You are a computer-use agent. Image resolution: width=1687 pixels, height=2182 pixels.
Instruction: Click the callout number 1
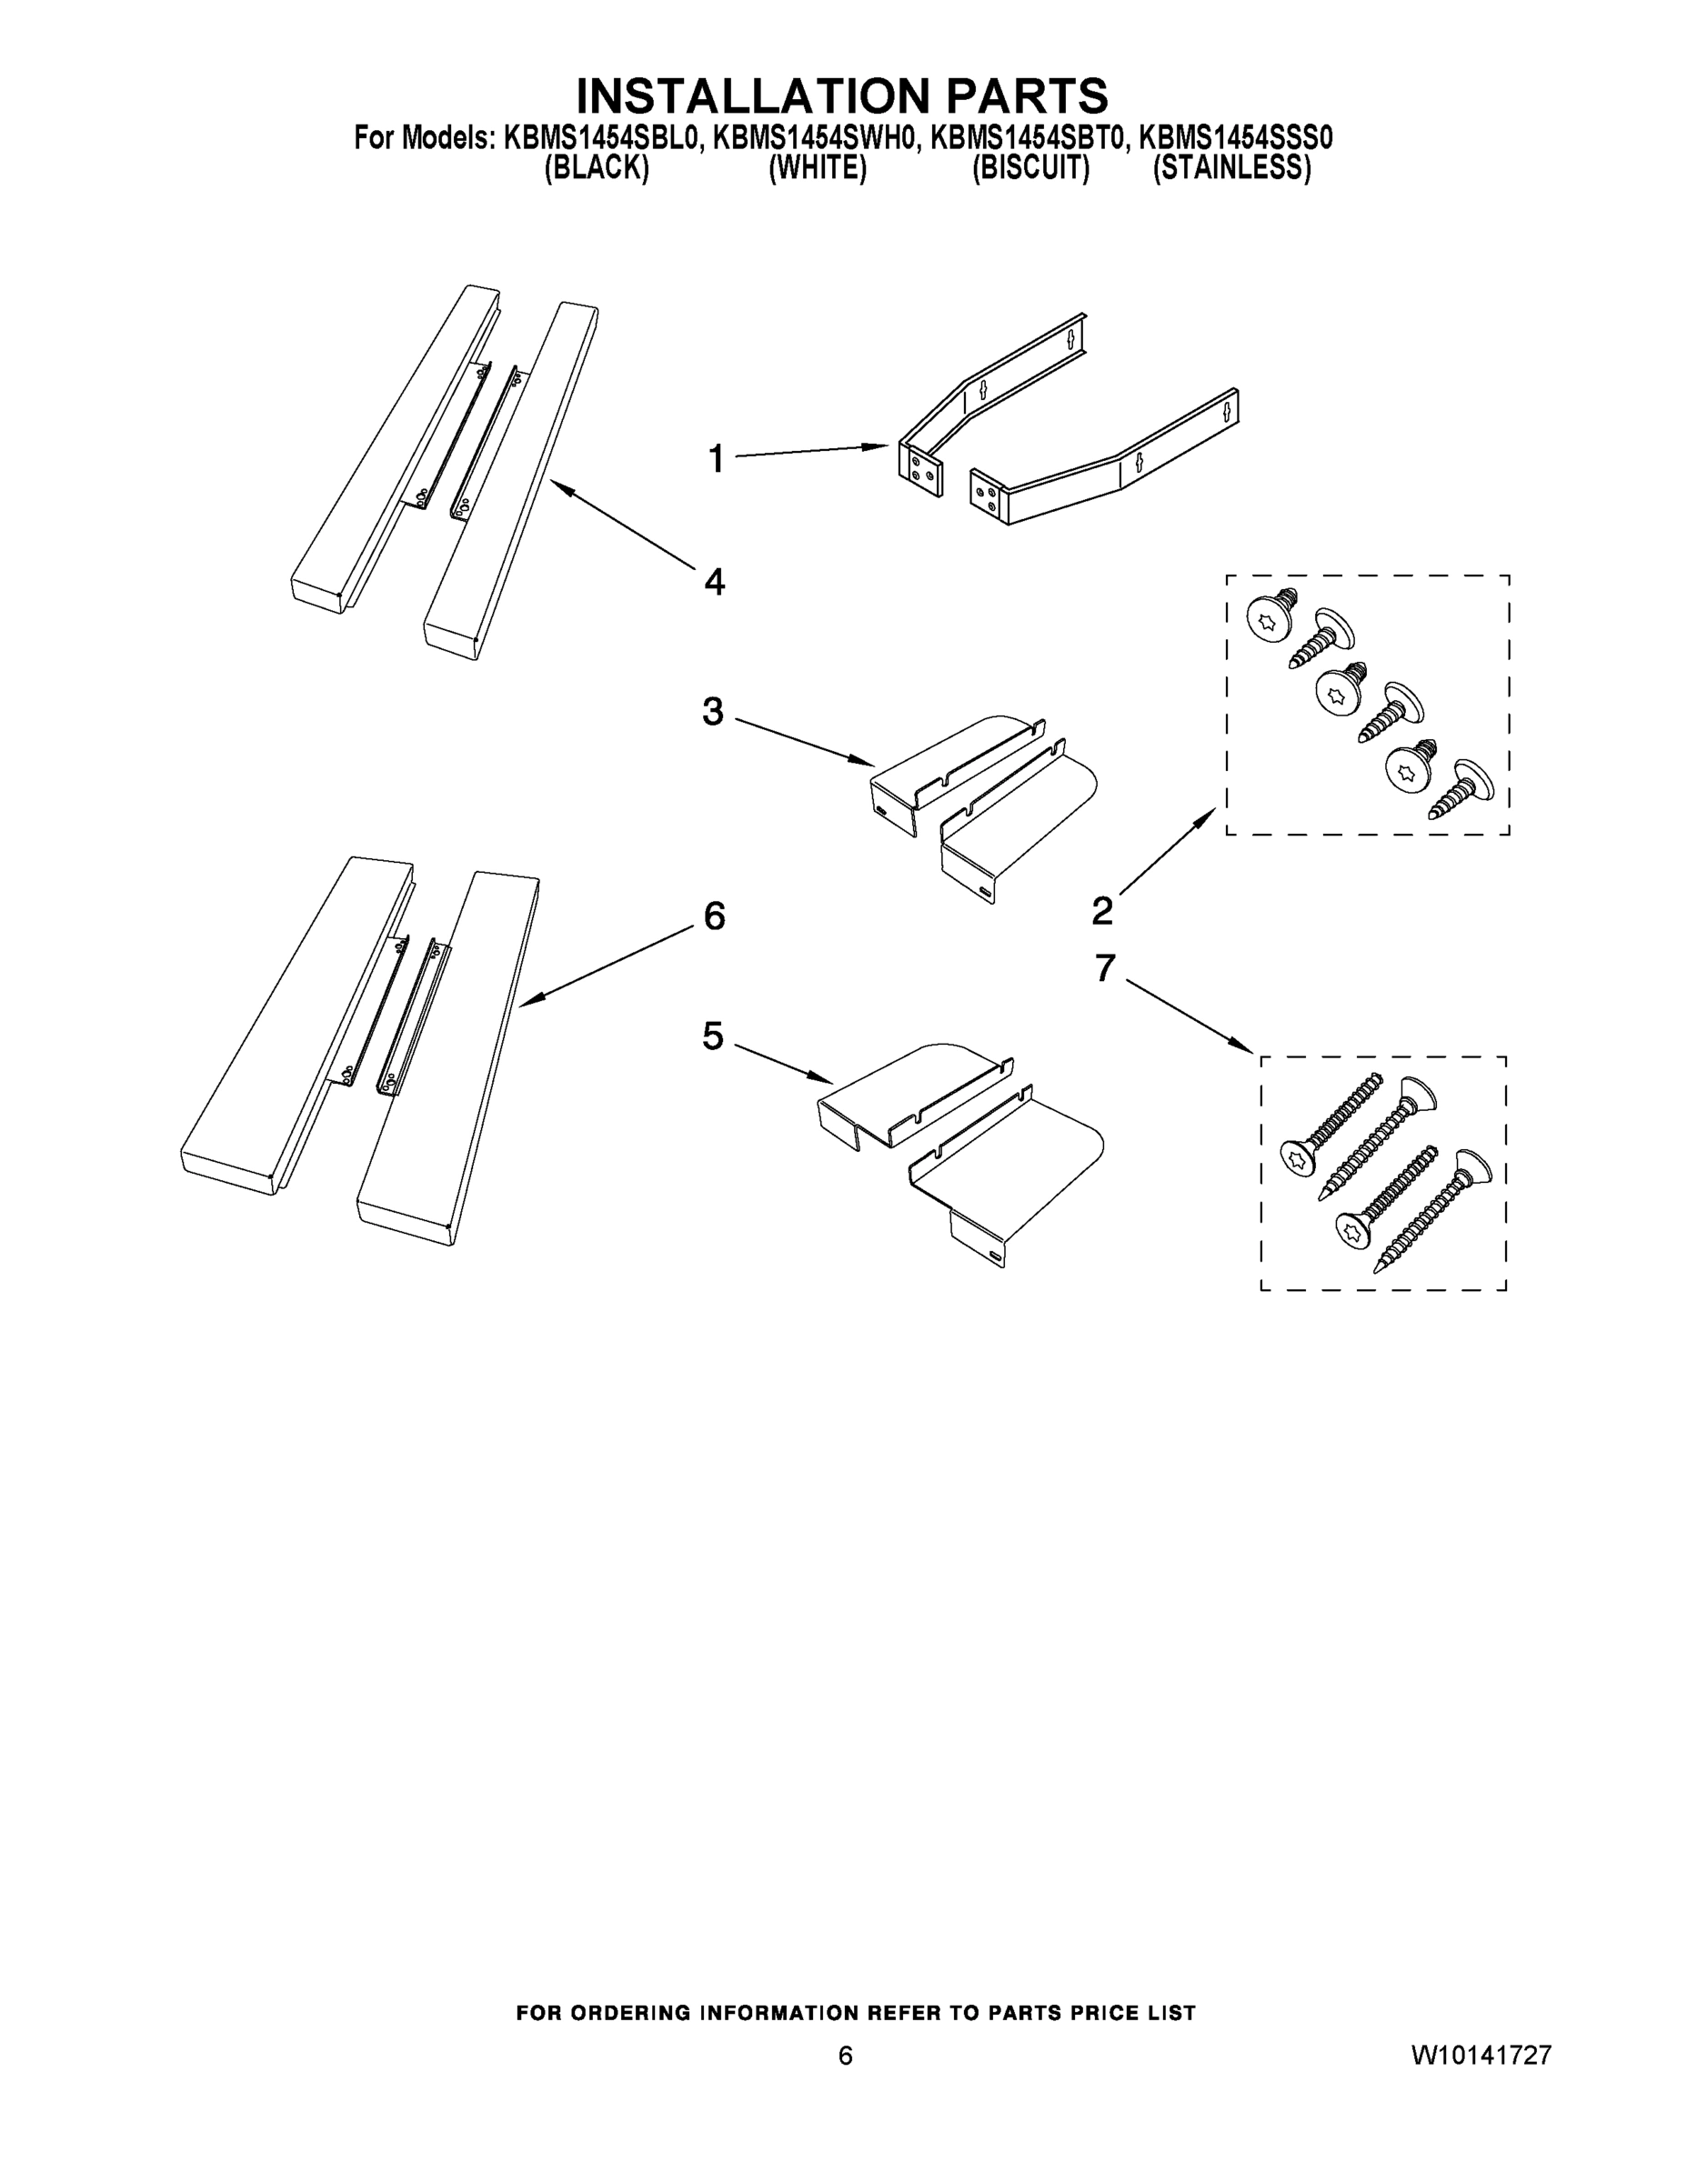(716, 458)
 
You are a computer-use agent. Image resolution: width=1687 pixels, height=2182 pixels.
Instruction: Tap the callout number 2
(1101, 910)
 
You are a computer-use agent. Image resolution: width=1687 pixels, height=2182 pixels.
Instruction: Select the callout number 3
(713, 711)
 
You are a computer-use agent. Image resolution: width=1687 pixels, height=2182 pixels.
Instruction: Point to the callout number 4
(714, 580)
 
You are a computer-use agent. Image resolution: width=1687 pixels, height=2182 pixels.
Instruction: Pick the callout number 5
(713, 1036)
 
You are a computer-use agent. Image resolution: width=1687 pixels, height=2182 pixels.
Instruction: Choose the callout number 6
(714, 916)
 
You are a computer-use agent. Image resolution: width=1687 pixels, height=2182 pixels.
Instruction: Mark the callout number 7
(1104, 967)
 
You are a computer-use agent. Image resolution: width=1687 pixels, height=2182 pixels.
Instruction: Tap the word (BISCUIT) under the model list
(1030, 168)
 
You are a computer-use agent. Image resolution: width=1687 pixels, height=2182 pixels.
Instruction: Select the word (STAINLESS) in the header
(1231, 168)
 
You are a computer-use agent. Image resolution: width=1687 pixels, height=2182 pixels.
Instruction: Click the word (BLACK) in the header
(597, 168)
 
